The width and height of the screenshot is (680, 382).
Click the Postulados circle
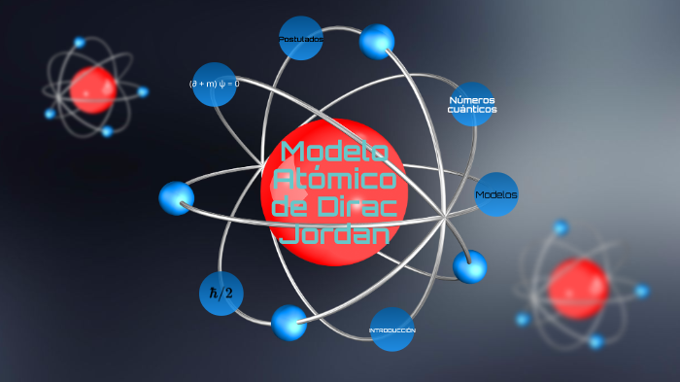(300, 39)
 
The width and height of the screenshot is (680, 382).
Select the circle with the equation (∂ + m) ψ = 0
(215, 84)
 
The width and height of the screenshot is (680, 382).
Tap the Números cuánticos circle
(472, 105)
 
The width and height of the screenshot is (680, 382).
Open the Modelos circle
(496, 194)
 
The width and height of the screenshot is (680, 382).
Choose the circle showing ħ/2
(221, 294)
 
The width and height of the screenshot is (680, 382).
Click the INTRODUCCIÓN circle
(392, 330)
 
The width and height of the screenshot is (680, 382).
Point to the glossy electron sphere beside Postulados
(377, 42)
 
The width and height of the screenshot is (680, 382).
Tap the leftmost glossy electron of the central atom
(177, 198)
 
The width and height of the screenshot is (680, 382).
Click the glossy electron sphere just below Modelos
(470, 266)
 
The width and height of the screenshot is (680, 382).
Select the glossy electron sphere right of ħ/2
(289, 323)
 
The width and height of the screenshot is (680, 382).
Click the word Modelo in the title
(334, 152)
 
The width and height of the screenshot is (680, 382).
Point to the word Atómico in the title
(334, 180)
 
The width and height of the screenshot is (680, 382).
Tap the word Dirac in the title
(356, 207)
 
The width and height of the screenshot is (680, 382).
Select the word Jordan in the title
(334, 234)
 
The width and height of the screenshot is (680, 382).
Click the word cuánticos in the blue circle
(472, 111)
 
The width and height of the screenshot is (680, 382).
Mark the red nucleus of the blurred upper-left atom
(94, 89)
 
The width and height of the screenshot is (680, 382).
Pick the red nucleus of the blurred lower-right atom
(578, 289)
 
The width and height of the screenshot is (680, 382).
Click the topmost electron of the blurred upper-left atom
(80, 43)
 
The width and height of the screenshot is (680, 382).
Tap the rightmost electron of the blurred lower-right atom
(641, 291)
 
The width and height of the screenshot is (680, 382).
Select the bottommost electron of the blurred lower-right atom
(595, 341)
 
